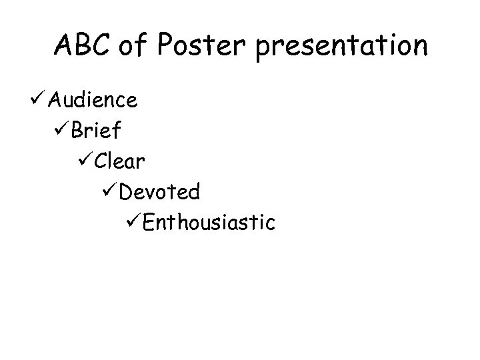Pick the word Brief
(95, 131)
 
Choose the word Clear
(121, 161)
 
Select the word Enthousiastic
(209, 222)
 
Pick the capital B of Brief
(77, 131)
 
